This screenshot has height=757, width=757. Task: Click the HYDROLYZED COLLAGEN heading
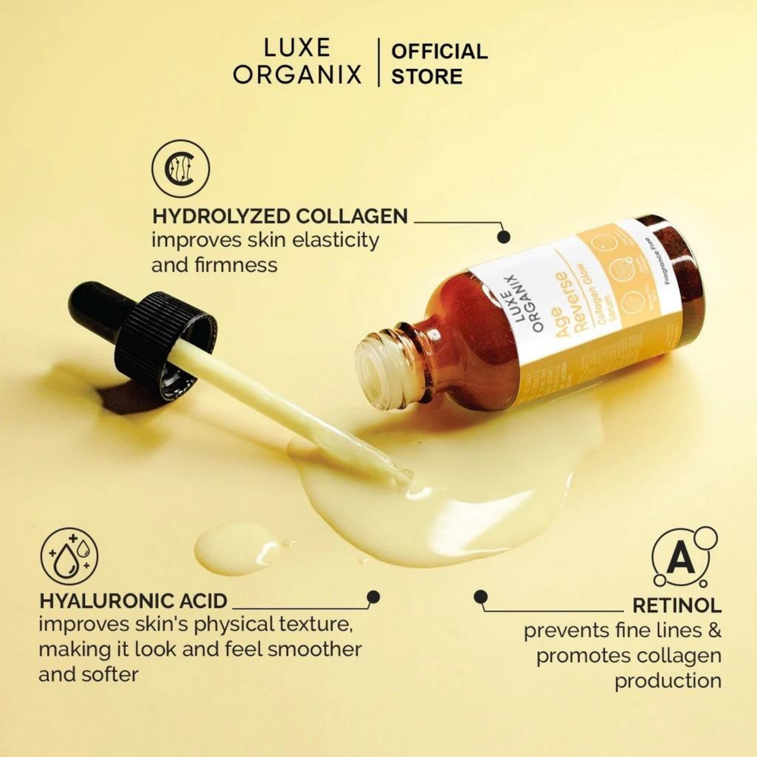tap(280, 216)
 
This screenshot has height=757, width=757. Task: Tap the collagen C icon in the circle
tap(181, 169)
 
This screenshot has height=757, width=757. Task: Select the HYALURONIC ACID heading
tap(133, 601)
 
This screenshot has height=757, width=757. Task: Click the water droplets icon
tap(70, 556)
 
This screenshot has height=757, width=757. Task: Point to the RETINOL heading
tap(677, 605)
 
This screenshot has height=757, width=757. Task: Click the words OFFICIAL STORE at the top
tap(439, 64)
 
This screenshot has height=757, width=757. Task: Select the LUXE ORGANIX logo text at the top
tap(297, 62)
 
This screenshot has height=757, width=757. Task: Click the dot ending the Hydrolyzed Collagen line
tap(503, 237)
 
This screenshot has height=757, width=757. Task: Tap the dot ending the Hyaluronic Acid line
tap(374, 597)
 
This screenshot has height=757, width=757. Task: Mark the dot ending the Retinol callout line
tap(480, 597)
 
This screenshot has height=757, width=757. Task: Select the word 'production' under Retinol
tap(667, 681)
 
